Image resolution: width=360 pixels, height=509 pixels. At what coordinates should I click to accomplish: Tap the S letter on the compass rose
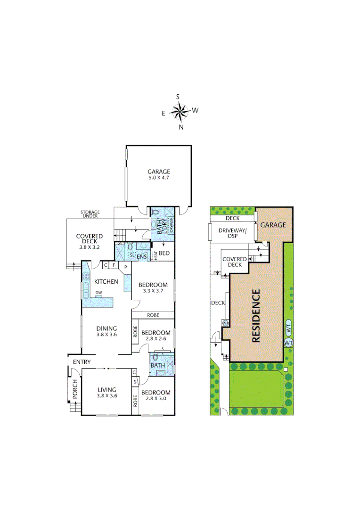178,97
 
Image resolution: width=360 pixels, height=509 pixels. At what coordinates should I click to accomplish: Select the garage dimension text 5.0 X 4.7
158,179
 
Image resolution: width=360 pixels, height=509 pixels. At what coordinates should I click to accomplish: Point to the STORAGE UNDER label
89,214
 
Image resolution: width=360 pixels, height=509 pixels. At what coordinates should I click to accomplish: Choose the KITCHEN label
106,282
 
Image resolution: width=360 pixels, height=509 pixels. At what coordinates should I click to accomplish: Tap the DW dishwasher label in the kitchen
98,293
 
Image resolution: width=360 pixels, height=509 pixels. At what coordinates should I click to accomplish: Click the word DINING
106,328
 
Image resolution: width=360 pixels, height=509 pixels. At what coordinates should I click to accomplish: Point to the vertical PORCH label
74,389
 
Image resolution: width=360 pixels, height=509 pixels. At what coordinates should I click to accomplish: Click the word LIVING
106,389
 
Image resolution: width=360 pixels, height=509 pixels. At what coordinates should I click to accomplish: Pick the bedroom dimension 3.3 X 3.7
153,291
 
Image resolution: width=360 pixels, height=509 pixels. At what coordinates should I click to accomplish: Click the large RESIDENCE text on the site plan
256,315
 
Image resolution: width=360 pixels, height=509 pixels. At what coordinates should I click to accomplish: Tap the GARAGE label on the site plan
273,225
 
